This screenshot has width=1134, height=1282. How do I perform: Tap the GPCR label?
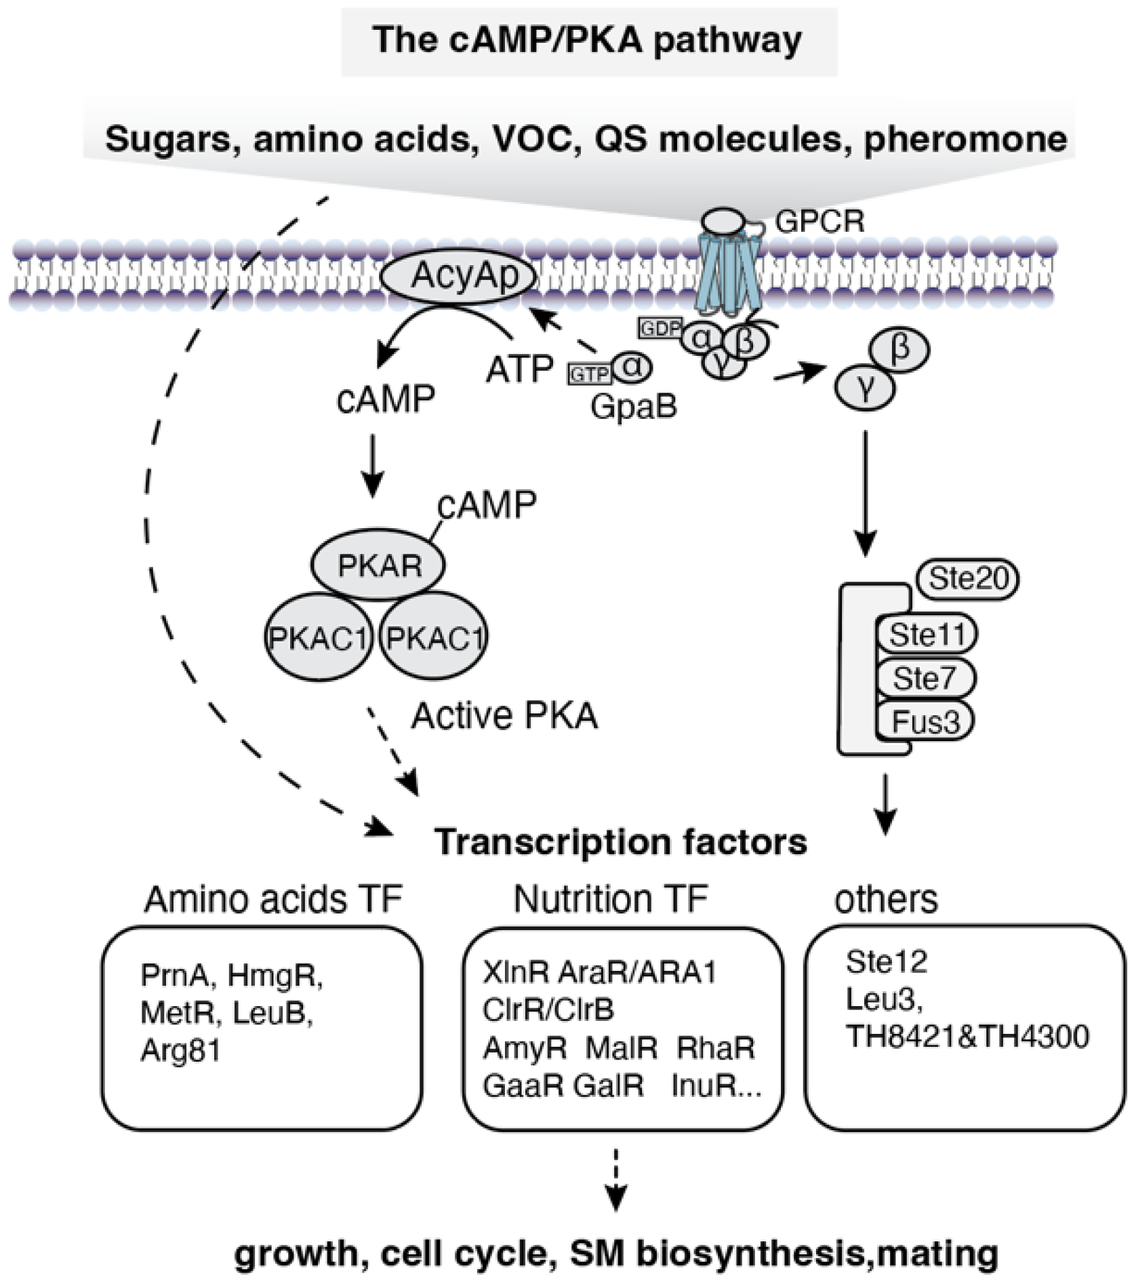coord(819,222)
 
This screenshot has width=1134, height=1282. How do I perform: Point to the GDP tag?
coord(660,329)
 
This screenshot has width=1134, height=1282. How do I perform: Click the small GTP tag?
coord(589,374)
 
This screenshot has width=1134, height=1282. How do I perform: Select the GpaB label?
coord(633,407)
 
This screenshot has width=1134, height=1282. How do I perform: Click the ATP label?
coord(519,369)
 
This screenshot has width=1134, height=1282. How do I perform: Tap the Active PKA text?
coord(504,716)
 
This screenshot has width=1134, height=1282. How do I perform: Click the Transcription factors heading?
coord(620,842)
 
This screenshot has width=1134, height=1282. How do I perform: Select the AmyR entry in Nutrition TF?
coord(524,1048)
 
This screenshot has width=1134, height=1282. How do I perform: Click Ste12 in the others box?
coord(886,962)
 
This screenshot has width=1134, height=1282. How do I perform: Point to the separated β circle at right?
coord(900,350)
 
